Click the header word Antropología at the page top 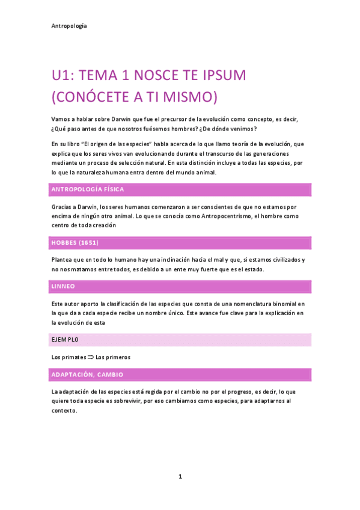coord(69,26)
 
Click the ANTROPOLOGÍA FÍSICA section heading coord(88,189)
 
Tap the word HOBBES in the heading coord(64,243)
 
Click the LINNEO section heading coord(63,286)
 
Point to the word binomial coord(286,304)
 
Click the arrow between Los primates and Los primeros coord(90,357)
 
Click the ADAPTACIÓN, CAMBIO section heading coord(87,375)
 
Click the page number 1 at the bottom coord(180,476)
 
